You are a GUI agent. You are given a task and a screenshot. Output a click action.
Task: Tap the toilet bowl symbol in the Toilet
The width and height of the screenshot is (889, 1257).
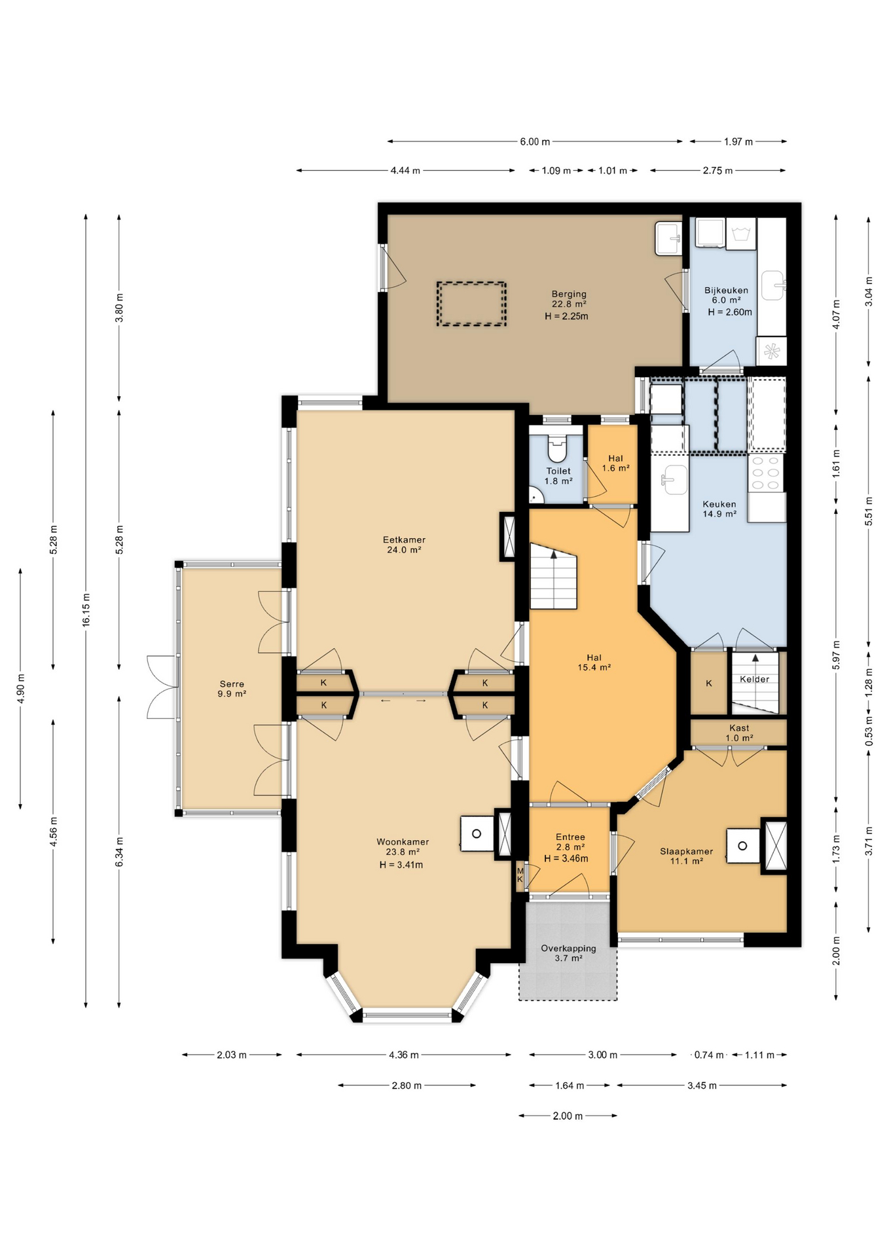[556, 450]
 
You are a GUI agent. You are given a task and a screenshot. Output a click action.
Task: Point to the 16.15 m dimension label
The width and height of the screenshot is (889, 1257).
[86, 610]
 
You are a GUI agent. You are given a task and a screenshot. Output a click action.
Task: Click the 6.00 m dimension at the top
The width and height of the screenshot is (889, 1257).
[534, 141]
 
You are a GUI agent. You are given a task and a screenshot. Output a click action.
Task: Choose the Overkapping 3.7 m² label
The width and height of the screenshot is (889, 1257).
[568, 953]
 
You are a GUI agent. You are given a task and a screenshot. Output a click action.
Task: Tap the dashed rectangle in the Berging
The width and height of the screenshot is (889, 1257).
[471, 304]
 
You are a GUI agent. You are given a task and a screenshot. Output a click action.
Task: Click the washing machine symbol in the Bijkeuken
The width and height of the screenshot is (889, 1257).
[741, 234]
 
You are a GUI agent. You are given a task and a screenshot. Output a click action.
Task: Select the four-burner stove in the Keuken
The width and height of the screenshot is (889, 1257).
[766, 473]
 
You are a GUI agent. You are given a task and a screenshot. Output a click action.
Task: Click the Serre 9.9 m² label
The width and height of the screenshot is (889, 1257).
[232, 689]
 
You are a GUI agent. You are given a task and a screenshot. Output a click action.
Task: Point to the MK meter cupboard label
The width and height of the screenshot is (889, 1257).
[520, 875]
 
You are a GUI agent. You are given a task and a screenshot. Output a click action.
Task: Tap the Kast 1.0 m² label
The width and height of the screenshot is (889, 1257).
[738, 733]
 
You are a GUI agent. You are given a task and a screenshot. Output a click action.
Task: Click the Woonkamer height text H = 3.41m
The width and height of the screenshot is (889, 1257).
[401, 865]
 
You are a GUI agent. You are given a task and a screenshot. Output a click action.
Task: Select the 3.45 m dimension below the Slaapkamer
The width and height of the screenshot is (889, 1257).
[701, 1085]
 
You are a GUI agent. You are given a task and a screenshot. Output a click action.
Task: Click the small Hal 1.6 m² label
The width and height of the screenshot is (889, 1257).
[615, 463]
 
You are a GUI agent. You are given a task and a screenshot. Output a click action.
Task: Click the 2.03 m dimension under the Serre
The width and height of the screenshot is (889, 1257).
[232, 1055]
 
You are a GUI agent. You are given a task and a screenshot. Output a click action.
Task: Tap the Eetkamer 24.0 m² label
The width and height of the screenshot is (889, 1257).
[404, 545]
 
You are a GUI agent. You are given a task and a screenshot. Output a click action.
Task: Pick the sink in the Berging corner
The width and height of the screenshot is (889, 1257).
[668, 239]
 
